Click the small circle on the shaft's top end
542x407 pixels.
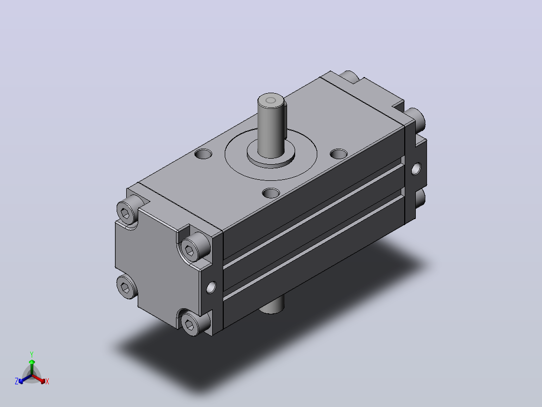270,100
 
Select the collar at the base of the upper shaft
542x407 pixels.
271,157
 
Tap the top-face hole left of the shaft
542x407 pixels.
203,154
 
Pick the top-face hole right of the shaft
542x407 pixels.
339,154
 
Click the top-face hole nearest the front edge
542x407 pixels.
271,193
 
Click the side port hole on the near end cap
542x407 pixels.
211,287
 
